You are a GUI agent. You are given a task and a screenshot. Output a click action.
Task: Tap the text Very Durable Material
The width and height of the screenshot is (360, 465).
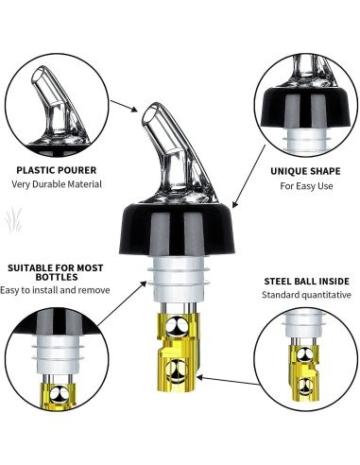point(57,184)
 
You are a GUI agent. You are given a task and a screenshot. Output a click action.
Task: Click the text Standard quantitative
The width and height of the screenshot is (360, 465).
point(306,295)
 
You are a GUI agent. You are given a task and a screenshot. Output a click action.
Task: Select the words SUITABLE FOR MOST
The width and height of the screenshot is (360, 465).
point(53,267)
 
